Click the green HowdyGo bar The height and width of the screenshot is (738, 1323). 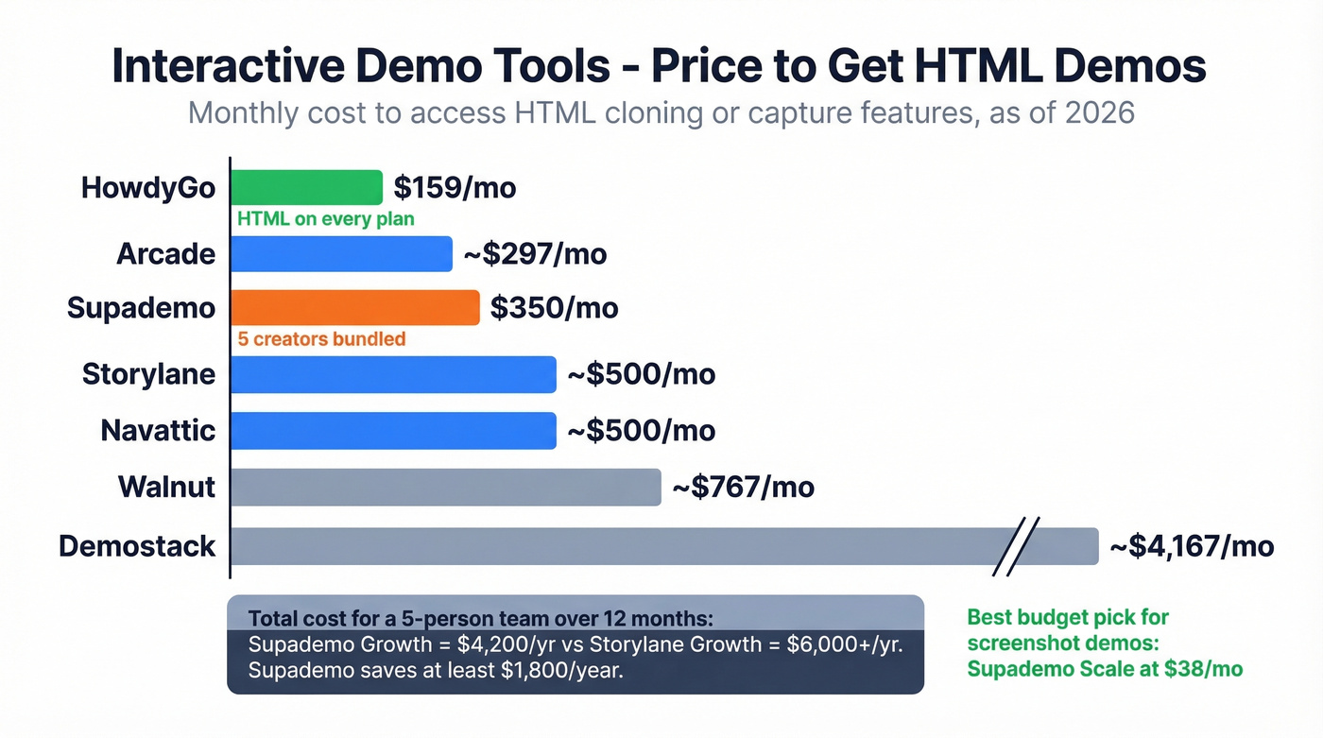tap(306, 187)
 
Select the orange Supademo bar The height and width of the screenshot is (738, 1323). tap(355, 308)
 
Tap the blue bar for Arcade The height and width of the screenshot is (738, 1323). tap(341, 254)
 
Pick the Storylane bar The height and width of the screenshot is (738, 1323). tap(393, 374)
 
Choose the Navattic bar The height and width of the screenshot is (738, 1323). tap(393, 431)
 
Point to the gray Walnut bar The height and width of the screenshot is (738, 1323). tap(445, 488)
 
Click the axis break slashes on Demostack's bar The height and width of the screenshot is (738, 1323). tap(1016, 546)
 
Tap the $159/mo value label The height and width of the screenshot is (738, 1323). tap(455, 187)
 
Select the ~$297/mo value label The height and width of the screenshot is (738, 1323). tap(534, 254)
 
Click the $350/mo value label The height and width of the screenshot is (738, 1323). tap(554, 308)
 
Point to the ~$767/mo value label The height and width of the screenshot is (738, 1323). tap(743, 488)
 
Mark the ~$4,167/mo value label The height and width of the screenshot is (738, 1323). tap(1191, 546)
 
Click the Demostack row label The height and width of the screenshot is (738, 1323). tap(137, 546)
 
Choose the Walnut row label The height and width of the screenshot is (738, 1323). tap(166, 488)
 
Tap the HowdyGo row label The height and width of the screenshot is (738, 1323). tap(148, 187)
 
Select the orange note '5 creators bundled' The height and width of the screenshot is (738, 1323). tap(321, 338)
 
